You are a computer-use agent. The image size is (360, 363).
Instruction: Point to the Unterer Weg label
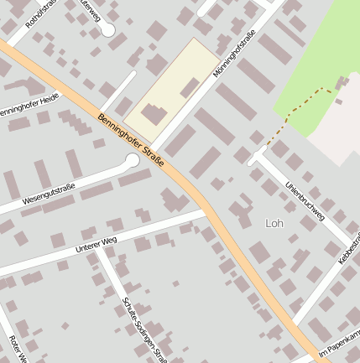coord(94,246)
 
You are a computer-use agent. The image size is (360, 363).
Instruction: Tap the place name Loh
coord(274,223)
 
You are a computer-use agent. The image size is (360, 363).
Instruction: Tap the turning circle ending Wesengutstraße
coord(132,160)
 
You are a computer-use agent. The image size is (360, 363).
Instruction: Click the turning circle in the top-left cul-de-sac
coord(107,29)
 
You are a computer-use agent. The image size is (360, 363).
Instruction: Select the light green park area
coord(323,59)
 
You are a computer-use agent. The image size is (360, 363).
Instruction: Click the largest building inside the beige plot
coord(154,115)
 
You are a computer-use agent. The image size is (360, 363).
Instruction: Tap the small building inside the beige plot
coord(190,86)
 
